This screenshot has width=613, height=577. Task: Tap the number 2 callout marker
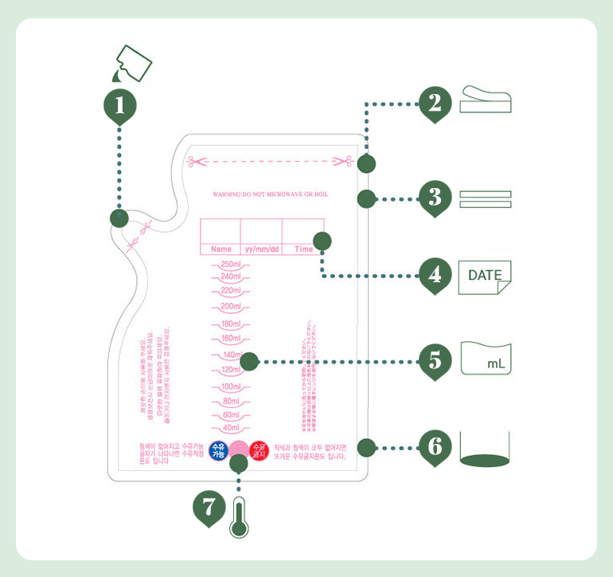pos(435,103)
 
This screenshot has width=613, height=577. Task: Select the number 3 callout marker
pos(435,197)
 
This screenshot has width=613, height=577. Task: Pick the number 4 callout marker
pos(435,276)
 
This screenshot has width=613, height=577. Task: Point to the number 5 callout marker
pos(435,360)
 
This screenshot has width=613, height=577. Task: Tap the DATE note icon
pos(485,277)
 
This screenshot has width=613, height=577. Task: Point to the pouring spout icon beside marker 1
pos(133,63)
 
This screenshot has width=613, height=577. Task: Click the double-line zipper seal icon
pos(485,198)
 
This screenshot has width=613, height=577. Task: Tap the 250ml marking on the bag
pos(230,265)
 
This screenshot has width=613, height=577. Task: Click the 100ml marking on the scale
pos(230,387)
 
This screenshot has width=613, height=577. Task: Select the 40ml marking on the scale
pos(230,428)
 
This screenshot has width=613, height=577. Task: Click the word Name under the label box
pos(221,249)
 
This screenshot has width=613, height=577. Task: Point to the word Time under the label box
pos(303,249)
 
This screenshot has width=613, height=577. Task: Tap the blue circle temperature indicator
pos(218,450)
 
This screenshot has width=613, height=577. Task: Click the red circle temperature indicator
pos(258,450)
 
